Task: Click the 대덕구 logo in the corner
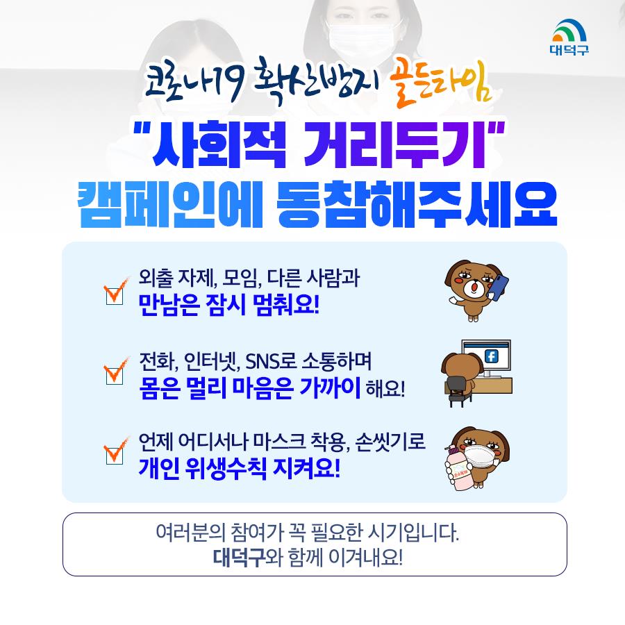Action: click(569, 37)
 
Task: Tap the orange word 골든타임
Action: click(440, 85)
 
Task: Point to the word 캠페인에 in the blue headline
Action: click(170, 203)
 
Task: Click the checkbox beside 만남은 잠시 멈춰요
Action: click(115, 296)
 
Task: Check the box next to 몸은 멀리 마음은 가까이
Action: click(115, 376)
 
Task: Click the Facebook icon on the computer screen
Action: click(491, 356)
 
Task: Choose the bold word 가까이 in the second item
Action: click(330, 387)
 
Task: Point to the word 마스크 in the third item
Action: click(279, 442)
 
